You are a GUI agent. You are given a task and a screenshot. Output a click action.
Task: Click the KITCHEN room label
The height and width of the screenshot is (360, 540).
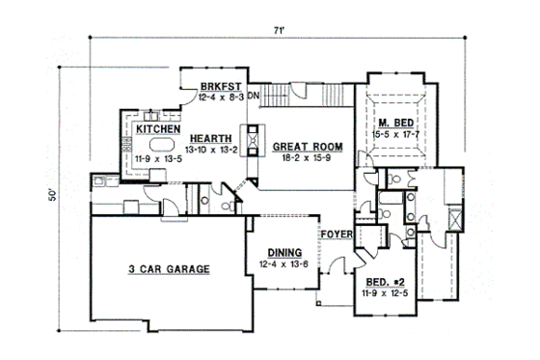click(x=155, y=127)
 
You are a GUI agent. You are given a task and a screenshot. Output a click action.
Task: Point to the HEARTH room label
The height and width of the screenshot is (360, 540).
click(x=208, y=138)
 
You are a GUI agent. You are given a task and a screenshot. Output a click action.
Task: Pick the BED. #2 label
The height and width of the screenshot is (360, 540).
click(x=386, y=281)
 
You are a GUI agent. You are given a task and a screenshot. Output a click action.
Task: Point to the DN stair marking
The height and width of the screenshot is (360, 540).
click(x=254, y=97)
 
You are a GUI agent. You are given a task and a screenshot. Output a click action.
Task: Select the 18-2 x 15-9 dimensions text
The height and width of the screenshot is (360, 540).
click(x=301, y=157)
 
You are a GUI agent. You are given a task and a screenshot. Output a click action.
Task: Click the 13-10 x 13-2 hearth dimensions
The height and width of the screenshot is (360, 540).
click(x=209, y=150)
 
